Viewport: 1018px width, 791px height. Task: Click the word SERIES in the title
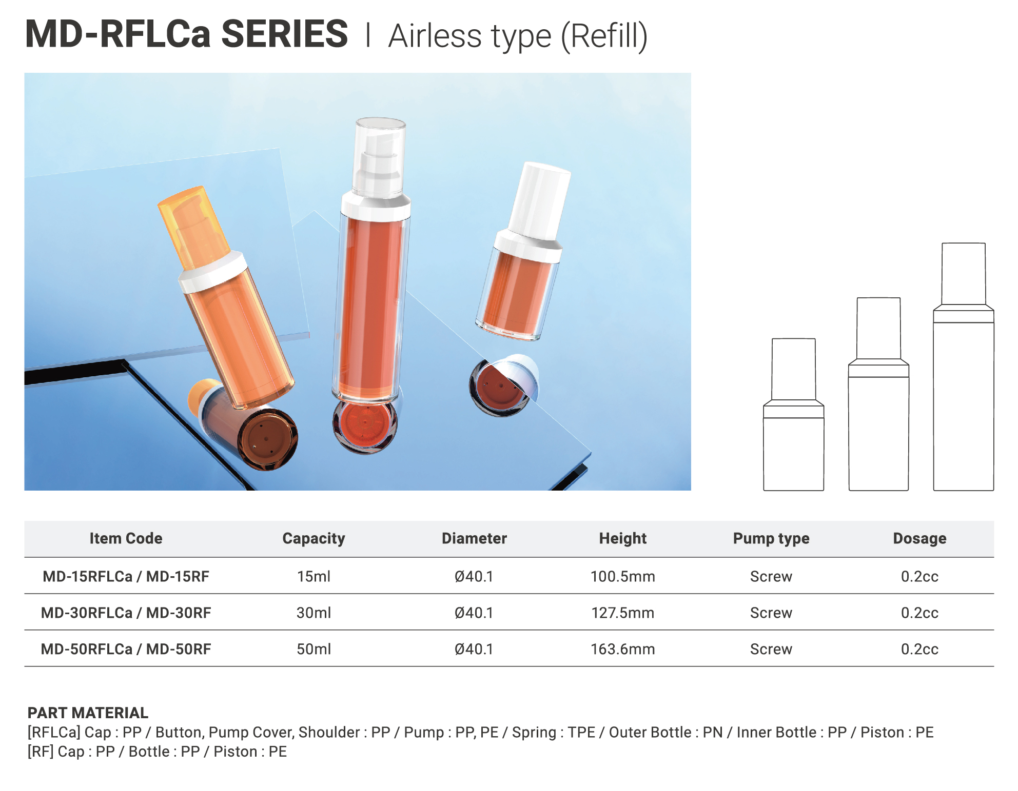(x=285, y=34)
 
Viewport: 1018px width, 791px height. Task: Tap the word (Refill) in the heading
(x=604, y=36)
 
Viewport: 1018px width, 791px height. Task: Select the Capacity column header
(x=314, y=538)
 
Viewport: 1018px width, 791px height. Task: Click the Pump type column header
(x=771, y=538)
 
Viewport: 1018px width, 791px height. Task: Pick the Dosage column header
(x=919, y=538)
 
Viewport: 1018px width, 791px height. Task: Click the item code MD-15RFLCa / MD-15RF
(x=126, y=576)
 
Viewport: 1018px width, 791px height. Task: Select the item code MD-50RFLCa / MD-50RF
(x=126, y=649)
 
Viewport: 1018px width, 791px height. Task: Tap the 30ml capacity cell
(x=314, y=613)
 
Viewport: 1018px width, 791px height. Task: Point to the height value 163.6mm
(x=622, y=649)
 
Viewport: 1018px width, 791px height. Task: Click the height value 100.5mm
(x=622, y=576)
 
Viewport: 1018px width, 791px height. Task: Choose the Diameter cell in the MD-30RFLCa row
(x=474, y=613)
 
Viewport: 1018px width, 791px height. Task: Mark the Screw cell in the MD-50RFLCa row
(x=771, y=649)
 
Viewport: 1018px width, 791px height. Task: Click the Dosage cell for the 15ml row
(x=919, y=576)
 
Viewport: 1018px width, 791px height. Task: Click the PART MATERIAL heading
(x=88, y=713)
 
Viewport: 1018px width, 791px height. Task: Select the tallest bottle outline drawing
(x=963, y=367)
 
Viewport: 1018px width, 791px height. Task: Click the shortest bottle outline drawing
(x=793, y=415)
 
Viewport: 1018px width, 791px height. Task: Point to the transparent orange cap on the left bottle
(x=192, y=226)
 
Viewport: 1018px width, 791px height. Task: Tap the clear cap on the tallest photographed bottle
(x=380, y=157)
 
